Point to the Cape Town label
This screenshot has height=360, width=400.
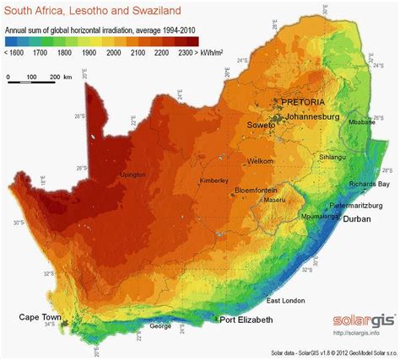[41, 317]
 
